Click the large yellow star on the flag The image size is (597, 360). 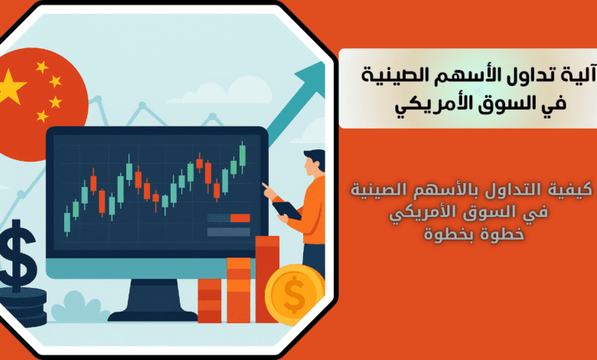(11, 87)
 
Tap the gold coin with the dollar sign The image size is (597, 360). (295, 294)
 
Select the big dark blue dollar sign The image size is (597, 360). (17, 255)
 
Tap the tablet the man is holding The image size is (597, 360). (287, 211)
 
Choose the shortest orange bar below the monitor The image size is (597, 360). (210, 300)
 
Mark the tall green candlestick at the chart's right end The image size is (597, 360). (242, 157)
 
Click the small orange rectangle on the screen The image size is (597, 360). (240, 218)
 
